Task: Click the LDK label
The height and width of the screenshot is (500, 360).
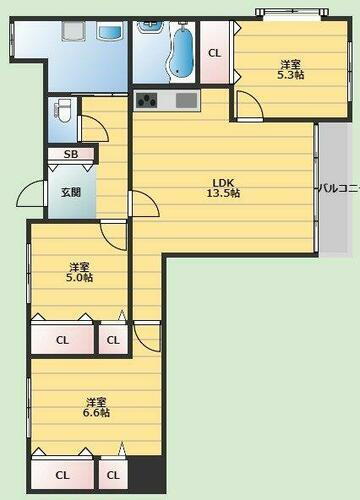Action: [x=222, y=182]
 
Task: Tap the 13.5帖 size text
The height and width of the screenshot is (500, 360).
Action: [x=222, y=193]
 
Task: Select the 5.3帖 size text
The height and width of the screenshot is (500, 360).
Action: [x=291, y=74]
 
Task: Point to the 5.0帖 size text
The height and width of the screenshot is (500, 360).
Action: [x=81, y=277]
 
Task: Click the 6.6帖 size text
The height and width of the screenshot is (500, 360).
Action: [x=97, y=412]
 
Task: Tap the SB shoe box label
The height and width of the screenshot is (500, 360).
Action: [x=71, y=154]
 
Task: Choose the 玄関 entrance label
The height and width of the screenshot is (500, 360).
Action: [x=70, y=192]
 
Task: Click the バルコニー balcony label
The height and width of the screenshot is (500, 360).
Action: [x=338, y=187]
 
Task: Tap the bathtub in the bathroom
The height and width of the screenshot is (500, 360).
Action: [x=181, y=50]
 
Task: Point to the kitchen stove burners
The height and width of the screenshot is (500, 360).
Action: [x=147, y=100]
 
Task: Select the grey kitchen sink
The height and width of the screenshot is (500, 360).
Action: [x=187, y=100]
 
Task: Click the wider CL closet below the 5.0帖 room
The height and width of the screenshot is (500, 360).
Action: [x=62, y=340]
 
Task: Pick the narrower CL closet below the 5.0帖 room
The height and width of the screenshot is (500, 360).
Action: [x=113, y=340]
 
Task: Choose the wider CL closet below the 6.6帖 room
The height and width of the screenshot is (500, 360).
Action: [x=62, y=474]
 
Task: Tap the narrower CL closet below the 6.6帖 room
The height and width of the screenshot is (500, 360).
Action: [x=113, y=474]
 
